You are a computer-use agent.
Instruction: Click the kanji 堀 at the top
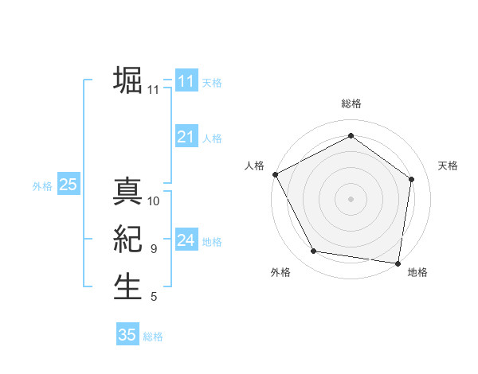pyautogui.click(x=127, y=80)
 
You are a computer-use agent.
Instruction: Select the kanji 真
pyautogui.click(x=127, y=192)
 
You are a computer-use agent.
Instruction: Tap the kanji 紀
pyautogui.click(x=127, y=240)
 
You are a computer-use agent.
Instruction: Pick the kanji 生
pyautogui.click(x=127, y=287)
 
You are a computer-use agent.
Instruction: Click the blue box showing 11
pyautogui.click(x=186, y=81)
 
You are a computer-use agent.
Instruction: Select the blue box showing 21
pyautogui.click(x=186, y=137)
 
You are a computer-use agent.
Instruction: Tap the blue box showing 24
pyautogui.click(x=186, y=240)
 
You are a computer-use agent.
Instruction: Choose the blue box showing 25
pyautogui.click(x=68, y=185)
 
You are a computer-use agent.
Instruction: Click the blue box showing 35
pyautogui.click(x=127, y=334)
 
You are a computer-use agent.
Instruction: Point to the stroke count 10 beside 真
pyautogui.click(x=154, y=201)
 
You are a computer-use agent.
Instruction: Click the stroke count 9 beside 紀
pyautogui.click(x=154, y=249)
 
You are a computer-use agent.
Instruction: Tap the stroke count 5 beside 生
pyautogui.click(x=154, y=297)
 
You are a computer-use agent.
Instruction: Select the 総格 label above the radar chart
pyautogui.click(x=351, y=103)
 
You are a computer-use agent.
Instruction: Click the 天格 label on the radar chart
pyautogui.click(x=448, y=166)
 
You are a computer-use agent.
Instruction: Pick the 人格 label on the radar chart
pyautogui.click(x=254, y=166)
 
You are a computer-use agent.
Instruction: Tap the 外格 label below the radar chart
pyautogui.click(x=280, y=272)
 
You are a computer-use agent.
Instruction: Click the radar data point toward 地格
pyautogui.click(x=398, y=263)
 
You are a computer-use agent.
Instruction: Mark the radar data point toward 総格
pyautogui.click(x=351, y=136)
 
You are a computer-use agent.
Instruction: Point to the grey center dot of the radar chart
pyautogui.click(x=351, y=198)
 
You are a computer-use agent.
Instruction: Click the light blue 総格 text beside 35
pyautogui.click(x=153, y=337)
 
